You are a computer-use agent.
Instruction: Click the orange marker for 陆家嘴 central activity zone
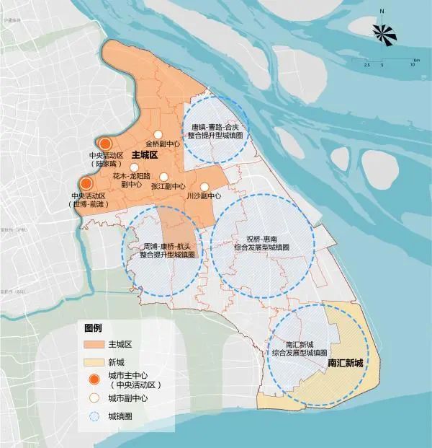tap(106, 144)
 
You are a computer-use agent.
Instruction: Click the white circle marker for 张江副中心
tap(163, 177)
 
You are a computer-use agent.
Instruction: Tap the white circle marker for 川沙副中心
tap(204, 187)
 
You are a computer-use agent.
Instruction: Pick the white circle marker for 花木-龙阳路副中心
tap(133, 167)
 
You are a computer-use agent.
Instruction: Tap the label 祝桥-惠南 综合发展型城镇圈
tap(263, 242)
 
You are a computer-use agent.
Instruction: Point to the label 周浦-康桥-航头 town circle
tap(166, 250)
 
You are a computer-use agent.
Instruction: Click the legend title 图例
tap(94, 327)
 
